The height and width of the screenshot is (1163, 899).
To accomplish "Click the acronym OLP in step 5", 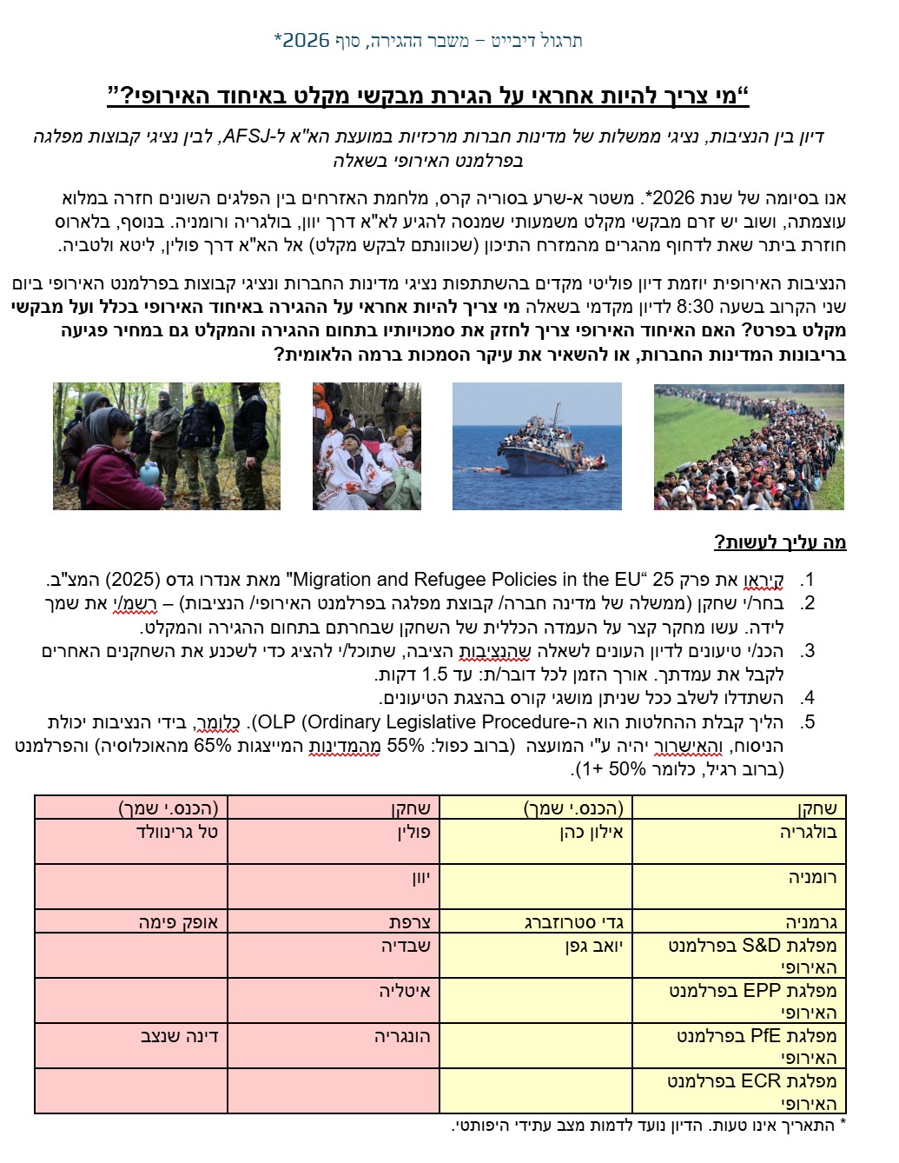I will tap(276, 722).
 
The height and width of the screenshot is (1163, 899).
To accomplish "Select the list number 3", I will tap(808, 651).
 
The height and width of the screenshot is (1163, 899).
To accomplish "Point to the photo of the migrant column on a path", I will tap(749, 447).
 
